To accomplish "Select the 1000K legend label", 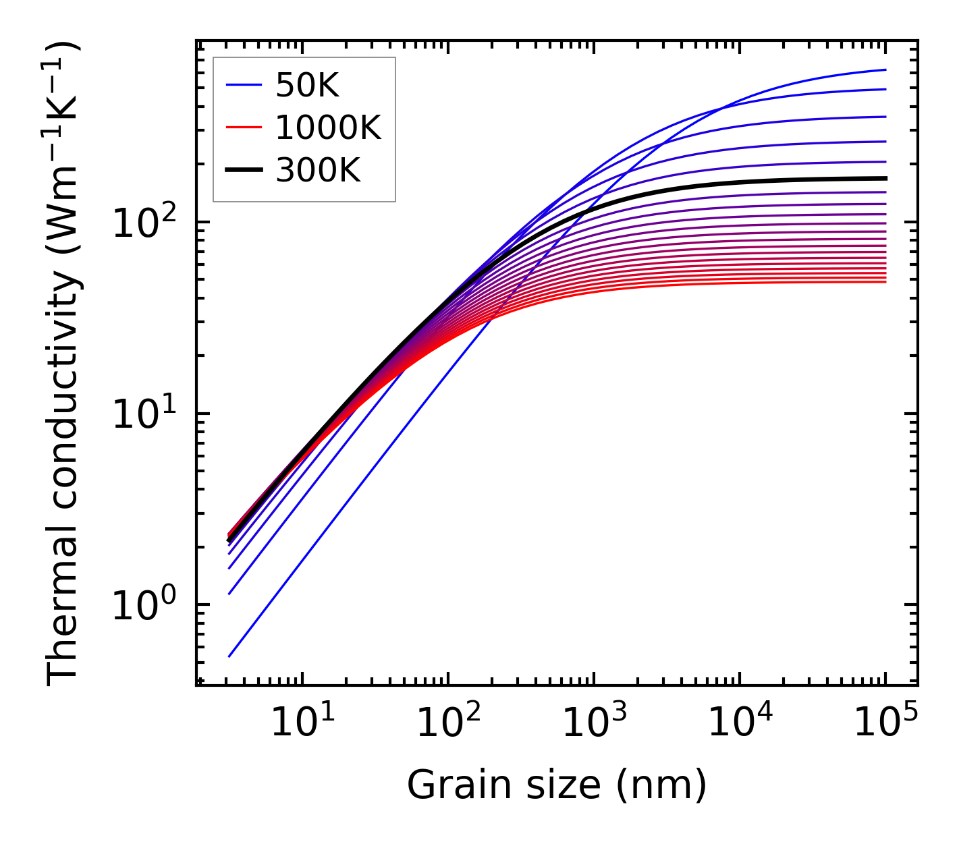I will point(328,128).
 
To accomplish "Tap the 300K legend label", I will point(318,171).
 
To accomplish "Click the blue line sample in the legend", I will point(243,85).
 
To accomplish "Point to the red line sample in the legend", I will point(243,128).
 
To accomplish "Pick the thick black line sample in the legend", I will point(243,171).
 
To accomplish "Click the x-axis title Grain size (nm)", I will point(557,785).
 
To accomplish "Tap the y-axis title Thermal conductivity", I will point(64,364).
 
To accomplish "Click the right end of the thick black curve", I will point(885,178).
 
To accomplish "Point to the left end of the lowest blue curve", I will point(229,656).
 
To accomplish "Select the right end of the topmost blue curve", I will point(885,69).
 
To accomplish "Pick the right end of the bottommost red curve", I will point(885,281).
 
